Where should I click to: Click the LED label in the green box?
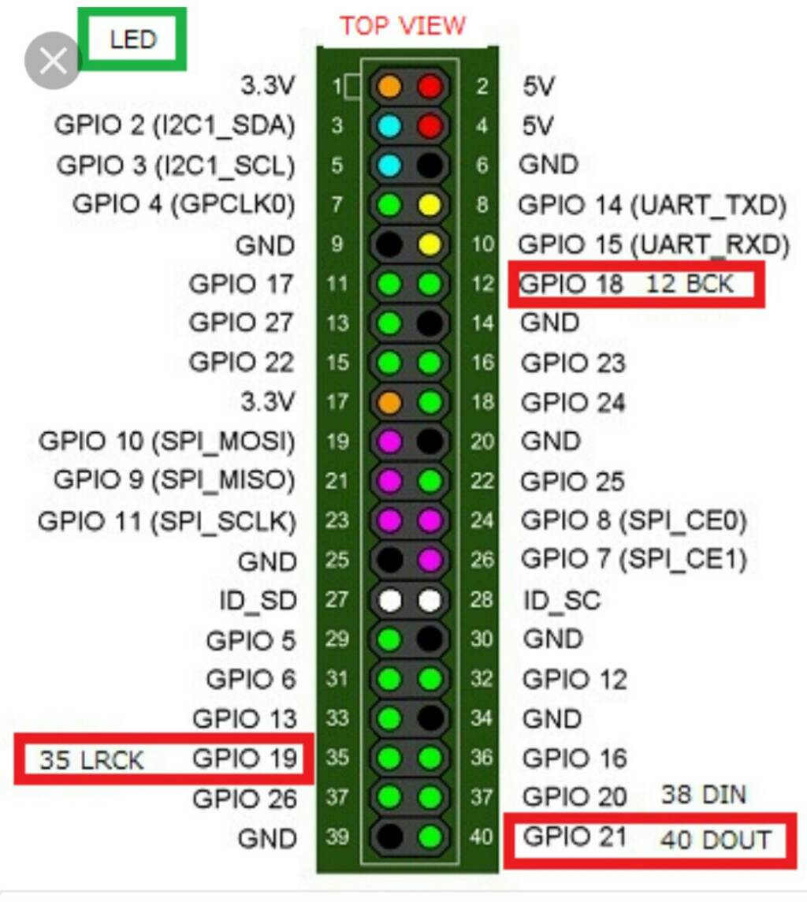[x=133, y=39]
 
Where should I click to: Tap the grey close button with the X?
[x=53, y=61]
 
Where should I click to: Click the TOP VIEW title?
[x=403, y=26]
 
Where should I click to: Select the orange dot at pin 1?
[x=390, y=86]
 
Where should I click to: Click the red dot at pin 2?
[x=430, y=86]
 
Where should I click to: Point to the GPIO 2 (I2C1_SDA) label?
[x=174, y=125]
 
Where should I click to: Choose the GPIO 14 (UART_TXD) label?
[x=653, y=205]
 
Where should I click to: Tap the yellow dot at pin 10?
[x=430, y=244]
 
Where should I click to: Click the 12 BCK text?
[x=690, y=284]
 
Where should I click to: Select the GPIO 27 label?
[x=241, y=322]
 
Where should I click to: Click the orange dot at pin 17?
[x=390, y=402]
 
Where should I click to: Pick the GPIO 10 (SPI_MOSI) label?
[x=167, y=442]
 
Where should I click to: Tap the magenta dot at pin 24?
[x=430, y=520]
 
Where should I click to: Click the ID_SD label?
[x=257, y=601]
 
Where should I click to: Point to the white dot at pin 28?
[x=430, y=601]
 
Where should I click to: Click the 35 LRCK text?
[x=92, y=760]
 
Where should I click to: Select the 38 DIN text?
[x=703, y=794]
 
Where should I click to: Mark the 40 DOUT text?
[x=715, y=840]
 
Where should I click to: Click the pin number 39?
[x=337, y=837]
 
